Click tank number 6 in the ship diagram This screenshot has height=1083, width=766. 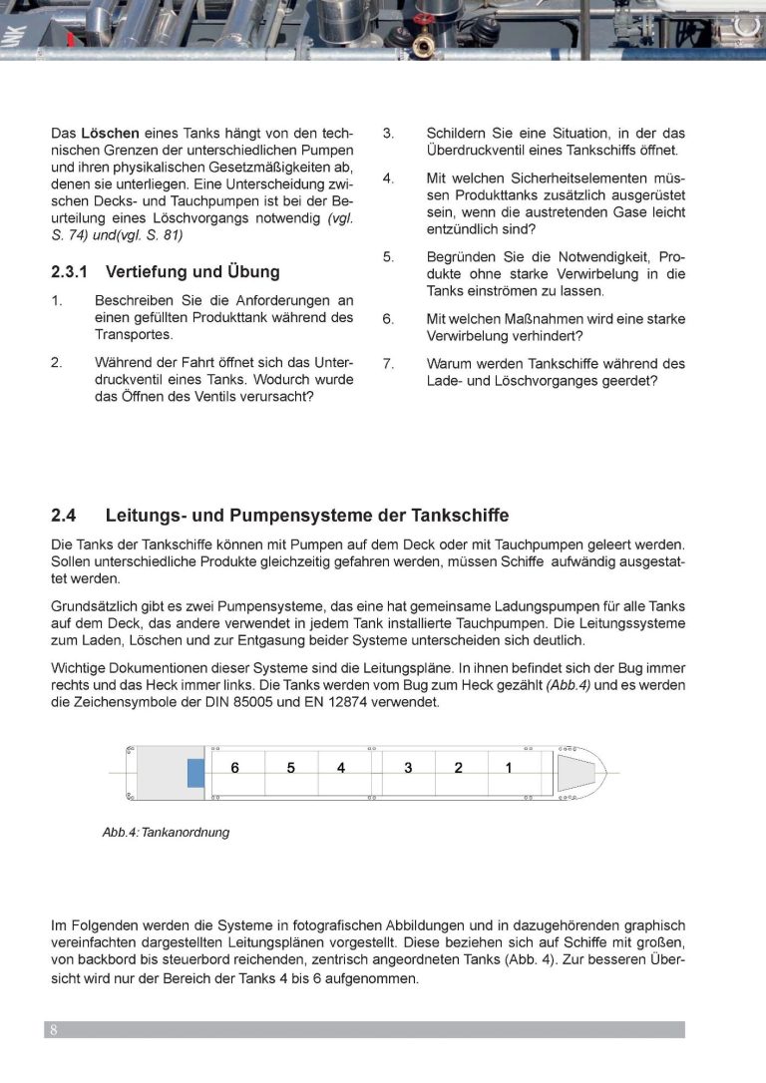pos(235,768)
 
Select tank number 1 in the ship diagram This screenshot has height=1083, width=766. pos(509,768)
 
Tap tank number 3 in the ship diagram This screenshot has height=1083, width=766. pos(408,768)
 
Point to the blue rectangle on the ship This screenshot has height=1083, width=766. pos(195,773)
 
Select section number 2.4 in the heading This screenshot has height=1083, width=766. pos(64,516)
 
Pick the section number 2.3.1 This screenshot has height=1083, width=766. pos(71,271)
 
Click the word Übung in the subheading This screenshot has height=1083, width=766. pos(254,271)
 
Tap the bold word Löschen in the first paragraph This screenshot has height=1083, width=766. pos(110,133)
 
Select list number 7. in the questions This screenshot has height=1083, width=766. pos(389,364)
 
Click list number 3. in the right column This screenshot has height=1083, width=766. pos(389,133)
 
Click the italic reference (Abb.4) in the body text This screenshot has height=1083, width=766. pos(566,684)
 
